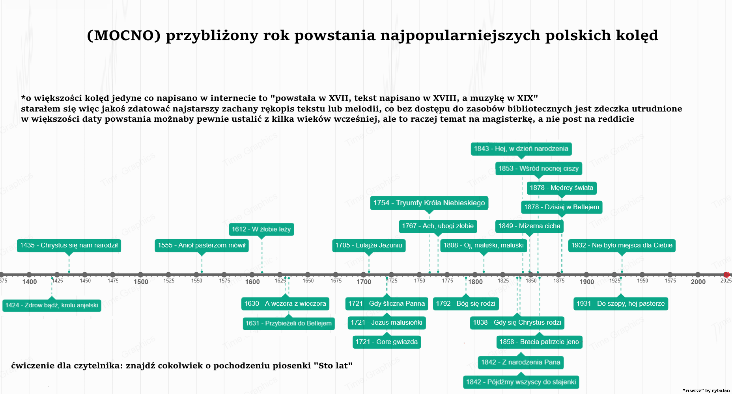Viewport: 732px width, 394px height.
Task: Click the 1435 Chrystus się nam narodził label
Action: pyautogui.click(x=69, y=245)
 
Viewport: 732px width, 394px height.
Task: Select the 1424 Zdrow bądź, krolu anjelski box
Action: pyautogui.click(x=52, y=305)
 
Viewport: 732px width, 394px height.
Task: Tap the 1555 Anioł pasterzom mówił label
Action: pyautogui.click(x=202, y=245)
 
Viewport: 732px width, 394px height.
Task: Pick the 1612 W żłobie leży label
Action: pyautogui.click(x=261, y=229)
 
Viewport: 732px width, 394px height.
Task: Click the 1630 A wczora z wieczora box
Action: pyautogui.click(x=285, y=304)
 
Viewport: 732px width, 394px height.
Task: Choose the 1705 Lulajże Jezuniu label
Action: pyautogui.click(x=369, y=245)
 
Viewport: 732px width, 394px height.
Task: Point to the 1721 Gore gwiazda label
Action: pyautogui.click(x=387, y=342)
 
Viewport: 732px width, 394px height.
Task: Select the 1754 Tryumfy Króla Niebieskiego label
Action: pyautogui.click(x=429, y=203)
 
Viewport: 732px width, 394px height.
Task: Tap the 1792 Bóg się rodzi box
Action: pyautogui.click(x=466, y=304)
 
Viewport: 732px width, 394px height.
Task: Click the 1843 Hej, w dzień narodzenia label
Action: pyautogui.click(x=521, y=149)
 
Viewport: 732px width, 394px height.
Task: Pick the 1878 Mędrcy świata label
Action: pyautogui.click(x=562, y=188)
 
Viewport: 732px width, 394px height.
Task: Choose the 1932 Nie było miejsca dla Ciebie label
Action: pyautogui.click(x=622, y=245)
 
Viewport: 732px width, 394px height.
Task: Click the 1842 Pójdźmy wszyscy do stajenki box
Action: pyautogui.click(x=521, y=382)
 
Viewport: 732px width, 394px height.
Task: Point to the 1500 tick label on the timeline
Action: pyautogui.click(x=141, y=282)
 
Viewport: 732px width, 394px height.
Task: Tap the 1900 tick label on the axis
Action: pyautogui.click(x=586, y=282)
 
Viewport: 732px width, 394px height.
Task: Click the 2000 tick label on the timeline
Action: pyautogui.click(x=698, y=282)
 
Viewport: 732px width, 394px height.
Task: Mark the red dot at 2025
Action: pyautogui.click(x=726, y=275)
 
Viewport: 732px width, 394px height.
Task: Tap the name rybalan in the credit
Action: pyautogui.click(x=721, y=390)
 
